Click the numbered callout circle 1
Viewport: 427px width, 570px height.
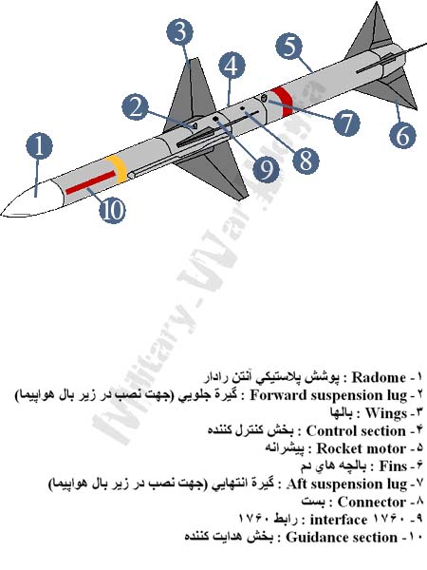39,145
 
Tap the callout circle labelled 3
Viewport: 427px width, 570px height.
180,32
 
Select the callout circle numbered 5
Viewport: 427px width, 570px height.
288,47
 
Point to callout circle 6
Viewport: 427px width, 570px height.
402,135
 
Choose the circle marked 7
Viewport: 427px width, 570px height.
346,123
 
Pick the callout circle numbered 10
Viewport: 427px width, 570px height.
112,210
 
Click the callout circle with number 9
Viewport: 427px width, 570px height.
266,169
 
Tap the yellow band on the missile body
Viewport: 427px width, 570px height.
117,169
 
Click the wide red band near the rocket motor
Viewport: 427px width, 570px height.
283,103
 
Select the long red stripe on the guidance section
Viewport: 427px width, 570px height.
90,182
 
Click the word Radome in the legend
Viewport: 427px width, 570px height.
379,377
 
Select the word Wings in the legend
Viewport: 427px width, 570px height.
385,413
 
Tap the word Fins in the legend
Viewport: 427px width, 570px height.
393,466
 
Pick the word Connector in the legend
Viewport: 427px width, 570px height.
371,502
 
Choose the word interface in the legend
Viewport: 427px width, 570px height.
338,520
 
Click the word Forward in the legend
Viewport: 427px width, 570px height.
275,395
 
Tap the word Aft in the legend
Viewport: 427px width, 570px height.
296,484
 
